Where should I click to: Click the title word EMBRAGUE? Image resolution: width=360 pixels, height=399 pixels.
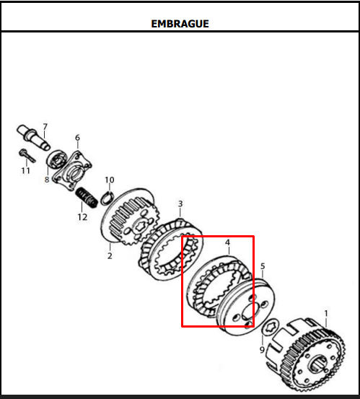[180, 24]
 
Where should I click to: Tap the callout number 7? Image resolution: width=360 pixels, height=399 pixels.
[45, 126]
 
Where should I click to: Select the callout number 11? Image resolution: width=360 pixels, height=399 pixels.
[25, 170]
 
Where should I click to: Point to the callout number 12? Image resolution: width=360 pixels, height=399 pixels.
[82, 217]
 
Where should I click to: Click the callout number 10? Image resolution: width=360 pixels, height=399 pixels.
[110, 180]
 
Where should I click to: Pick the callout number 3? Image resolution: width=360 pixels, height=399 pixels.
[180, 203]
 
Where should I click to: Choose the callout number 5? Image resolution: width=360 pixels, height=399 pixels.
[263, 266]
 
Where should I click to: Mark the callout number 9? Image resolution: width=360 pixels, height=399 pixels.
[262, 350]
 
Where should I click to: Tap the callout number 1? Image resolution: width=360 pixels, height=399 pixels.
[326, 313]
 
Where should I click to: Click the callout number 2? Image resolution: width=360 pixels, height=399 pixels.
[110, 255]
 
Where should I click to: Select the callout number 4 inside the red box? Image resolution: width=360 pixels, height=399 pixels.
[227, 242]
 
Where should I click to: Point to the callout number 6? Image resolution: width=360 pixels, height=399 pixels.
[77, 137]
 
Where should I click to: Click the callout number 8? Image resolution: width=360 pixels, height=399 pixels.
[47, 180]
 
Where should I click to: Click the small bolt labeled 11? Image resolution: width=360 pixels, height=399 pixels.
[27, 155]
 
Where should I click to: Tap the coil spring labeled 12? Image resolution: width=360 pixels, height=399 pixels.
[87, 198]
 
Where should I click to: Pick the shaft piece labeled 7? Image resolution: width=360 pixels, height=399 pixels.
[33, 136]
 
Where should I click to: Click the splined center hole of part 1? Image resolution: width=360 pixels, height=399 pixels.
[317, 364]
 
